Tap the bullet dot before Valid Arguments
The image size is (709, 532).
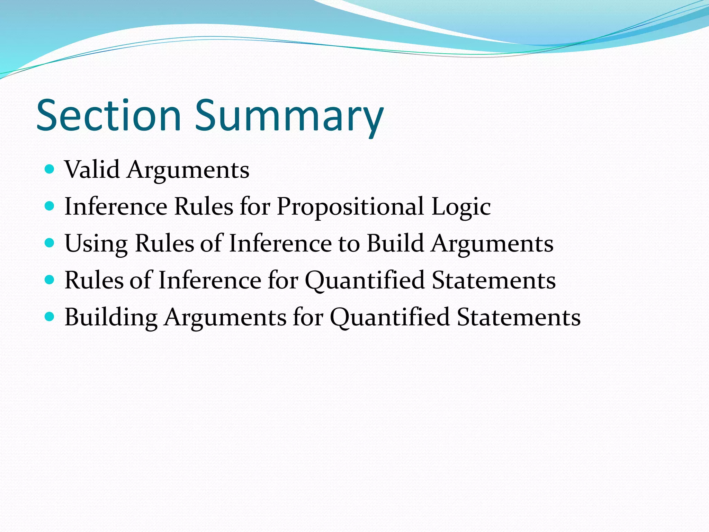pyautogui.click(x=50, y=169)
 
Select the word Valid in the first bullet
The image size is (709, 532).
pyautogui.click(x=92, y=170)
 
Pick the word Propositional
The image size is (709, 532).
pyautogui.click(x=350, y=207)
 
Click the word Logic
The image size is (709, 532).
pyautogui.click(x=461, y=207)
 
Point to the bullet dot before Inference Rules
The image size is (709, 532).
pyautogui.click(x=50, y=206)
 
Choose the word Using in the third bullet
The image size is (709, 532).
pyautogui.click(x=96, y=243)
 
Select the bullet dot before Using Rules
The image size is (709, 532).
pyautogui.click(x=50, y=243)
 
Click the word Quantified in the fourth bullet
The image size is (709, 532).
pyautogui.click(x=365, y=280)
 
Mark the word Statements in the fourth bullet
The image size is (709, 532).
pyautogui.click(x=494, y=280)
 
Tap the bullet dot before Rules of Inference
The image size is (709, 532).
pyautogui.click(x=50, y=280)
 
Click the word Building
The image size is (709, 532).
pyautogui.click(x=111, y=317)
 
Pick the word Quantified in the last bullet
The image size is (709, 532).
pyautogui.click(x=390, y=317)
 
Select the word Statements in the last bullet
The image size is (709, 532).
pyautogui.click(x=519, y=317)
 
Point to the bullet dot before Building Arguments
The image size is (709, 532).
pyautogui.click(x=50, y=317)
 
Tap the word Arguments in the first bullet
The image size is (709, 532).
pyautogui.click(x=188, y=170)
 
